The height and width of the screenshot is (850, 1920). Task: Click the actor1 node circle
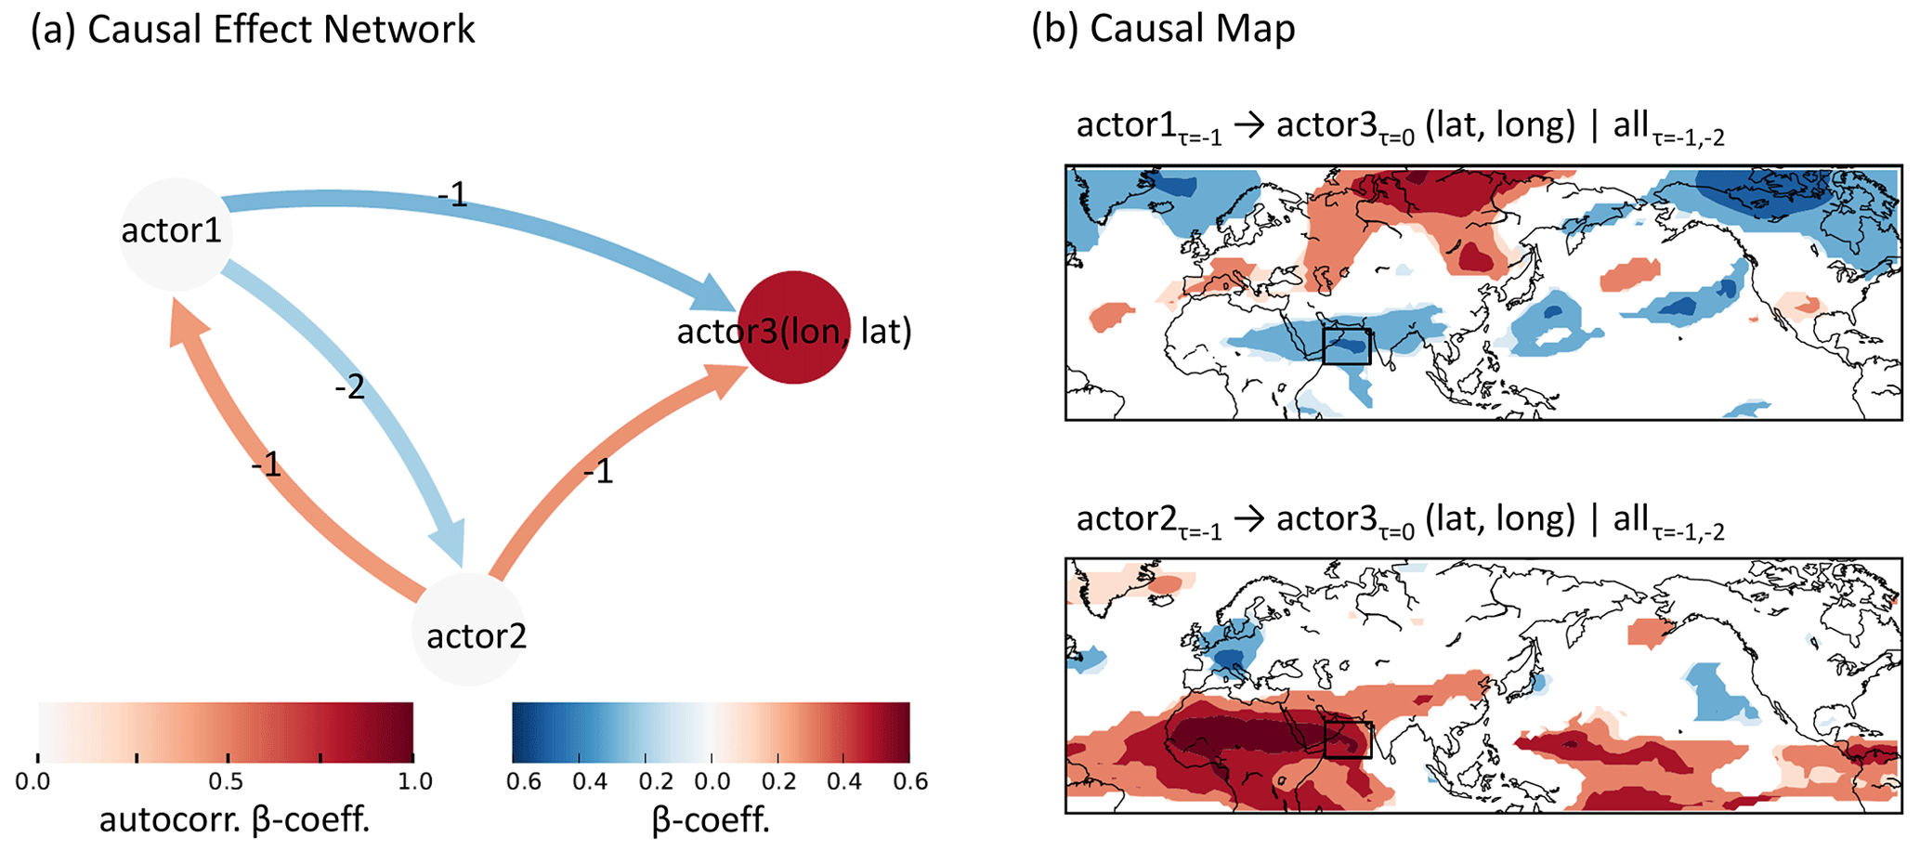click(176, 234)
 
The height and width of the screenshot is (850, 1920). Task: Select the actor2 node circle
click(469, 629)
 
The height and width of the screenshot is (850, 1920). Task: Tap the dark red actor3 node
click(794, 327)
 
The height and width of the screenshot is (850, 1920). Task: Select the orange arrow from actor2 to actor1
click(269, 483)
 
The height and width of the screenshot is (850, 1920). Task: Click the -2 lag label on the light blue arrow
click(350, 386)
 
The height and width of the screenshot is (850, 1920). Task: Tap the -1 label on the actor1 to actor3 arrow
click(452, 195)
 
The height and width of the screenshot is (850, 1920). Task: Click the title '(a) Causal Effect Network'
click(253, 30)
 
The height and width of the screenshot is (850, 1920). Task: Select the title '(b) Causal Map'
click(1163, 30)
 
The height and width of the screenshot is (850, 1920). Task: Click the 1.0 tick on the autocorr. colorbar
click(414, 781)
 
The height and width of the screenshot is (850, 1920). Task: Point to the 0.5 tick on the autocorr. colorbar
click(226, 781)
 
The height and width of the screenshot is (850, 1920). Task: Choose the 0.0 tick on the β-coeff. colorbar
click(712, 781)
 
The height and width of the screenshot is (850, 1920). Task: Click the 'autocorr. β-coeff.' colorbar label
click(234, 820)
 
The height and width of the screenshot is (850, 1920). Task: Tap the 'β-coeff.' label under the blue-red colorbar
click(711, 820)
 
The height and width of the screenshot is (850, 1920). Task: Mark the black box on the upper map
click(1347, 345)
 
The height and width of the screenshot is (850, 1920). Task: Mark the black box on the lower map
click(1348, 739)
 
